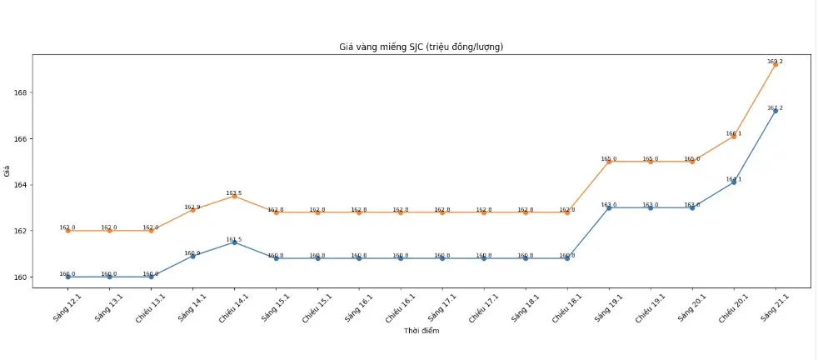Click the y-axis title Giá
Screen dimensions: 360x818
7,172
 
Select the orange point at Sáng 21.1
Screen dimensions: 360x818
776,64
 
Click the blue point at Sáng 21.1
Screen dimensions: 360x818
776,111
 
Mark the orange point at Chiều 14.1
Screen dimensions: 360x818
234,196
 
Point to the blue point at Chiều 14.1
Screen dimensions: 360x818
234,242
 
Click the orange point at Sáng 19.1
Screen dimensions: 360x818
609,162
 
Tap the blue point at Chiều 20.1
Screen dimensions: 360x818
734,182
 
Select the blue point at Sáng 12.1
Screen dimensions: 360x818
67,277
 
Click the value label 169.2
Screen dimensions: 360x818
775,61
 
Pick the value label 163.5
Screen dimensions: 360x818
234,192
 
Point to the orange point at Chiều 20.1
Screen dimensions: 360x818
734,136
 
